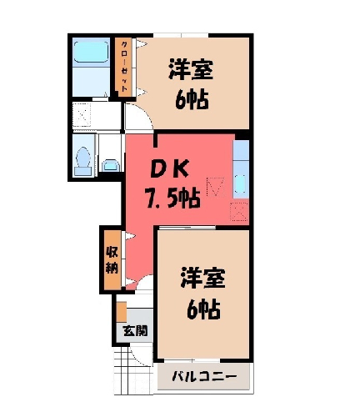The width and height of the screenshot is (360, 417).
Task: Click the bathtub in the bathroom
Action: click(91, 52)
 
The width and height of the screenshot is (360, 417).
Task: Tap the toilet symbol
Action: click(82, 161)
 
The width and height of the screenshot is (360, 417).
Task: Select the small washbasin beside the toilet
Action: click(111, 166)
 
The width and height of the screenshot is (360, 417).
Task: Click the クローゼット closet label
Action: click(125, 67)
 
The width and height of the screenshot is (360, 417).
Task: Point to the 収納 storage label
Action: click(112, 260)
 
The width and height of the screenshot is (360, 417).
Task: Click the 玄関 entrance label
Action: click(135, 331)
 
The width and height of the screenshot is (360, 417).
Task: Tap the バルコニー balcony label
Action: click(204, 377)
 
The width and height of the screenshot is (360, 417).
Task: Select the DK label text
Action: click(169, 168)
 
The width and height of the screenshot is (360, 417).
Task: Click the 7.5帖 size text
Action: click(172, 198)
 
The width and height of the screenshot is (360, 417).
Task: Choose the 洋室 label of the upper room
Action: click(191, 69)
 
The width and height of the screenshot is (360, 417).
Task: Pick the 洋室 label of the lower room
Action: click(202, 277)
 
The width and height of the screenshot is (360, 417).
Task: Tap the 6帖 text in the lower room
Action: click(203, 309)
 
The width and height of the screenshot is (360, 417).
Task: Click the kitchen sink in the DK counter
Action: click(240, 184)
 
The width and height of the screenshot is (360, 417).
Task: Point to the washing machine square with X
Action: click(82, 115)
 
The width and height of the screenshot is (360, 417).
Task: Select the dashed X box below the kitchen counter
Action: click(239, 212)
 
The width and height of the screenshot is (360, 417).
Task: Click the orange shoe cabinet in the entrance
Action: click(122, 311)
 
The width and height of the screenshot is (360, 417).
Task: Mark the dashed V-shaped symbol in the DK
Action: click(216, 187)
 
